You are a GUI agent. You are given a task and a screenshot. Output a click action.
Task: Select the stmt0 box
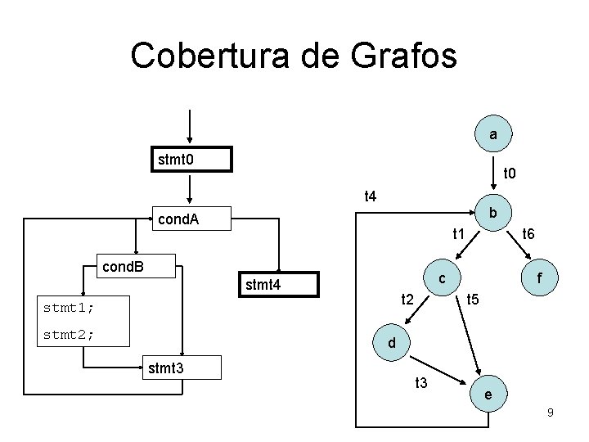coord(191,159)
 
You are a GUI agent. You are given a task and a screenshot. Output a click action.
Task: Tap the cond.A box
coord(191,219)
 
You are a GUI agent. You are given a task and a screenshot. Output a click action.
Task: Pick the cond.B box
coord(134,267)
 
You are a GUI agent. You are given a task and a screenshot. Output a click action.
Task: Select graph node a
coord(493,133)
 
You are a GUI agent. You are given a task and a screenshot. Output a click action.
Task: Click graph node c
coord(442,278)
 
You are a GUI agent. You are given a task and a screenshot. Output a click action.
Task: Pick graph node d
coord(392,344)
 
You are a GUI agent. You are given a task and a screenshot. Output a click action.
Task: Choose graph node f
coord(541,278)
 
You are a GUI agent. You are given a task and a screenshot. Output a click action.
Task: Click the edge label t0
coord(509,174)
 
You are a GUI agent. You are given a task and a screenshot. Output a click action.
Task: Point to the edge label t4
coord(370,196)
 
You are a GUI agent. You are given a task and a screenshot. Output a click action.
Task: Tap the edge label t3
coord(422,382)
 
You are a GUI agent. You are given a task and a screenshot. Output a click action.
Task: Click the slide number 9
coord(551,413)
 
